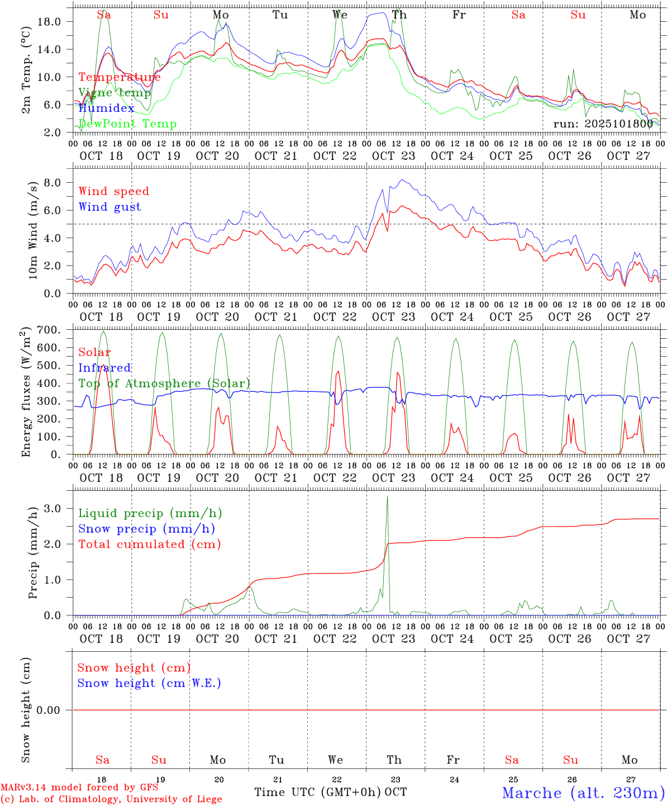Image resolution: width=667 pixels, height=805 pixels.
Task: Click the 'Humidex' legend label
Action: coord(106,108)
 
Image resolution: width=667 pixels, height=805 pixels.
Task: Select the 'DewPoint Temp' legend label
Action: coord(127,124)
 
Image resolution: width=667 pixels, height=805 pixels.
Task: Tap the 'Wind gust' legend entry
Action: coord(109,207)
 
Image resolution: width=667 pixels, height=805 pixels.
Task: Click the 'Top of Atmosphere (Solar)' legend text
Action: coord(164,383)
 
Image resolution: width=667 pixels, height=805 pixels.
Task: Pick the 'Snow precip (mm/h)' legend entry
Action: coord(146,529)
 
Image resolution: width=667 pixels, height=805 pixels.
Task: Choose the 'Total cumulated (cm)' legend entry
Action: coord(149,544)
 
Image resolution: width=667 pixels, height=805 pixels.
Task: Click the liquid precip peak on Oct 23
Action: coord(387,497)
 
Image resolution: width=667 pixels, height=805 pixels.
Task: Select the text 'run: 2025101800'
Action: coord(603,124)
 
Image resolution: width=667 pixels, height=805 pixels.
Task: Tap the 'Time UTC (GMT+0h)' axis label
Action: coord(318,792)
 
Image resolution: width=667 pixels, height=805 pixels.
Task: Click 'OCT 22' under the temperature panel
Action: coord(335,156)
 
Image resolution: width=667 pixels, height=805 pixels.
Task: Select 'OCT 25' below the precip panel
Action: coord(511,639)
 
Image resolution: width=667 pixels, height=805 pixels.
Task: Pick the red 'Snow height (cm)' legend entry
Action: coord(134,668)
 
